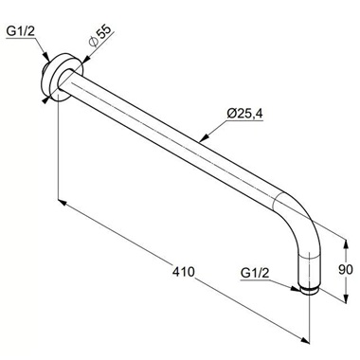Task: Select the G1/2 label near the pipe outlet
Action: point(256,274)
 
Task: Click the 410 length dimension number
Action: point(184,272)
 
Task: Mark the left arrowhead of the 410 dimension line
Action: point(63,201)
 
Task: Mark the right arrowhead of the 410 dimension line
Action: point(305,337)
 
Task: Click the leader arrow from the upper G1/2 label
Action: point(44,61)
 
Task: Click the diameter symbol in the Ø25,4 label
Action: point(206,115)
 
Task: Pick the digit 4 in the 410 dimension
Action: point(176,272)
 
